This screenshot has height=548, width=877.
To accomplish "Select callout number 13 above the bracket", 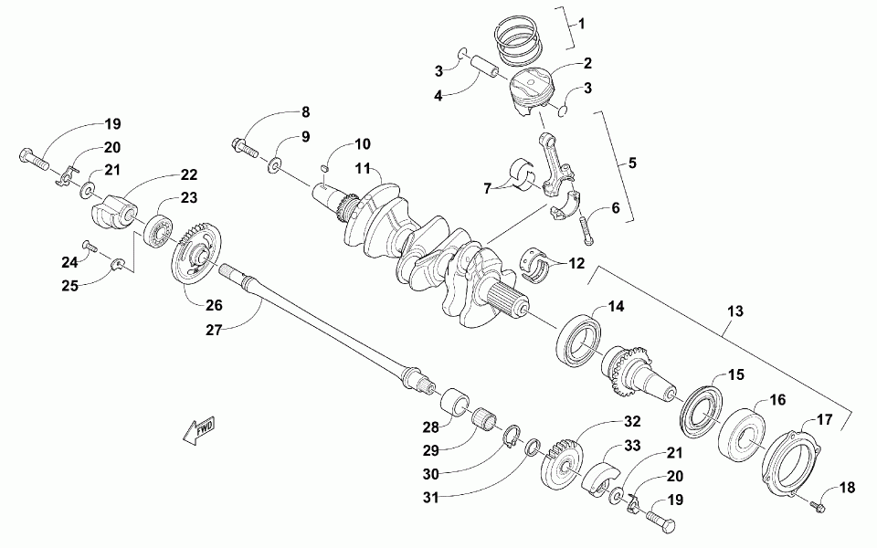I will coord(734,312).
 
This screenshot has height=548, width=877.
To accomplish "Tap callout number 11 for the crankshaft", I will coord(363,169).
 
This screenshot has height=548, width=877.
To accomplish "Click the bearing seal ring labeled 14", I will coord(581,339).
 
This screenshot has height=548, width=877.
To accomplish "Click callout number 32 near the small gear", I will coord(633,422).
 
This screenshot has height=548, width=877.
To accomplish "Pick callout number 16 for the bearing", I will coord(777,399).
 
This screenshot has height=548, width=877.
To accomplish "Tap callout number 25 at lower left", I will coord(70,285).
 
